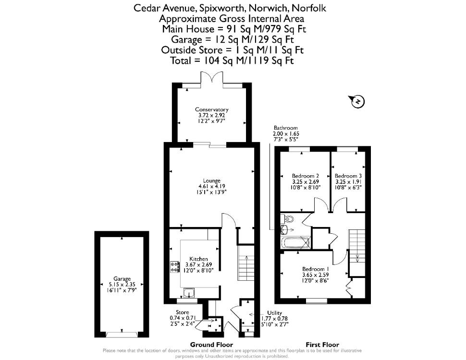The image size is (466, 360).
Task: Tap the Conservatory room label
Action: [x=211, y=109]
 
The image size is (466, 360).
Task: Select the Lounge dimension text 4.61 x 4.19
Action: [x=212, y=186]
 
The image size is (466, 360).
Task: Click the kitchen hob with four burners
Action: [x=175, y=267]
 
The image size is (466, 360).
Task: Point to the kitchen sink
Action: [x=189, y=293]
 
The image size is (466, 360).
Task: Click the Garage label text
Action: [x=122, y=279]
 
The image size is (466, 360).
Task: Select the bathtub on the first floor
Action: [x=295, y=242]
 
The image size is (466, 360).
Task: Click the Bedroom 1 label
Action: [x=315, y=269]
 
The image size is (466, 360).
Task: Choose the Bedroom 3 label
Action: [x=348, y=176]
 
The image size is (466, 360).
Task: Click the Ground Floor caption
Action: [x=211, y=345]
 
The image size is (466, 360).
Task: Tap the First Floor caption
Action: [x=322, y=345]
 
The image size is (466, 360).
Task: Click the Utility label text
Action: [x=274, y=313]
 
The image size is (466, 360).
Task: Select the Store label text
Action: [x=182, y=312]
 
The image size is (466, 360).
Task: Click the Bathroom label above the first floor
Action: [x=286, y=128]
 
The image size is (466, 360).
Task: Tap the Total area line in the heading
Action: [x=232, y=60]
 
